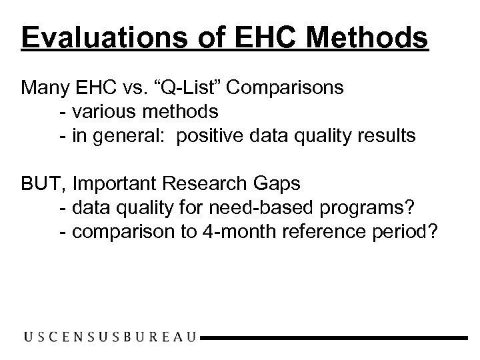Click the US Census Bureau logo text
point(110,337)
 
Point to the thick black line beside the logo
point(334,338)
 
